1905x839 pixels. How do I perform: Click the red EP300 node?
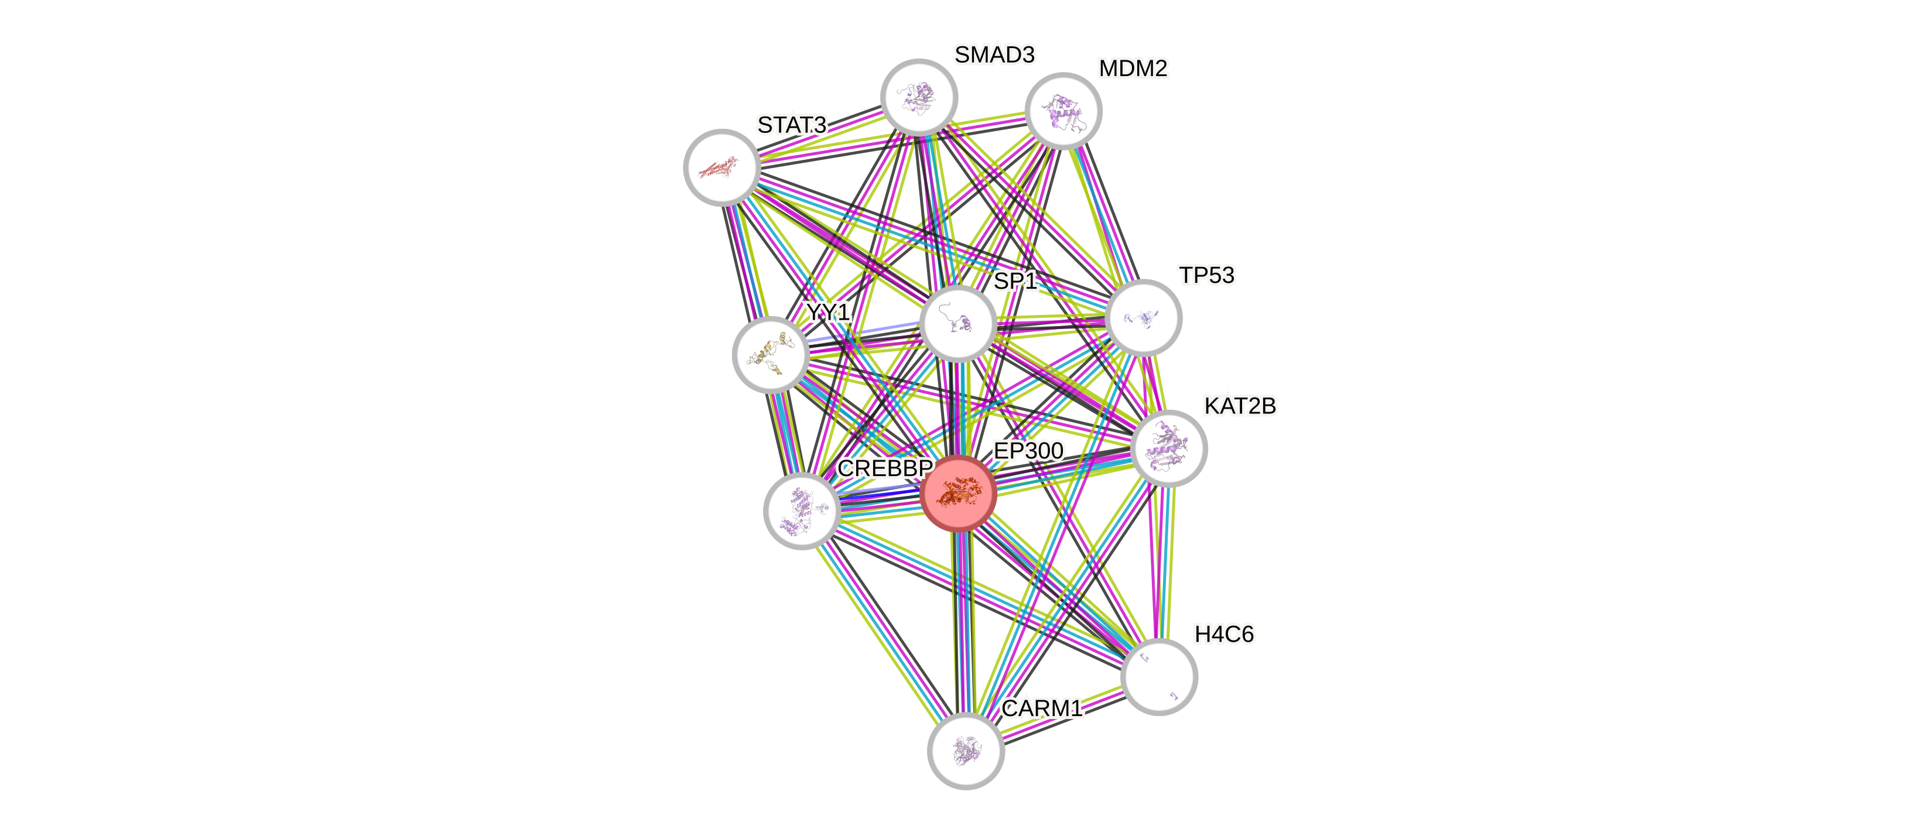coord(959,493)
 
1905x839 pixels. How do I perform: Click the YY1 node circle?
coord(771,355)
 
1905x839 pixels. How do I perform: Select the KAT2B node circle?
coord(1168,448)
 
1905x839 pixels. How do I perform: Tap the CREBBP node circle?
coord(802,511)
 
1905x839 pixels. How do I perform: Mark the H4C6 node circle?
coord(1159,676)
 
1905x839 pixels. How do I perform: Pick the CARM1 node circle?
coord(966,751)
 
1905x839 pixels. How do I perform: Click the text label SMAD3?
coord(994,54)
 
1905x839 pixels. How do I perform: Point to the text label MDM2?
coord(1133,69)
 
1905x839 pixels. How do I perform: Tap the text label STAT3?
coord(791,126)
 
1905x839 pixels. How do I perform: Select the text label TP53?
coord(1206,276)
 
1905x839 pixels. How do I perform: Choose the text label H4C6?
coord(1224,634)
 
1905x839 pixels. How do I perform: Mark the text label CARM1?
coord(1041,708)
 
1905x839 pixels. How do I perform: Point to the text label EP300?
coord(1028,450)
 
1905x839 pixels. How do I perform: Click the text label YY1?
coord(827,313)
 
